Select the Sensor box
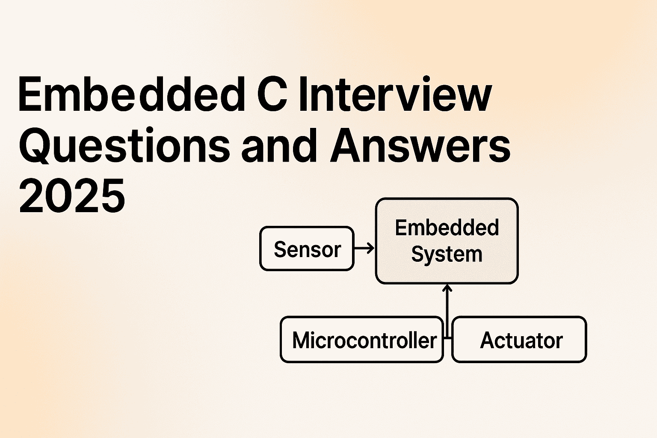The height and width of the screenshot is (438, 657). (307, 249)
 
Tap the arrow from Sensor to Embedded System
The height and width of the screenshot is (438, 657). (364, 248)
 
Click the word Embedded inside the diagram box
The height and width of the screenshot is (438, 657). (447, 228)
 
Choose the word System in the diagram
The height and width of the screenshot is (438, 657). (447, 255)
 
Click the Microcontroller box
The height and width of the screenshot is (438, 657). (362, 340)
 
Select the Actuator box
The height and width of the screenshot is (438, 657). (519, 340)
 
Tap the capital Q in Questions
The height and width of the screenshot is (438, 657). (35, 145)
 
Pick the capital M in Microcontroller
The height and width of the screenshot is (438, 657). (302, 340)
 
